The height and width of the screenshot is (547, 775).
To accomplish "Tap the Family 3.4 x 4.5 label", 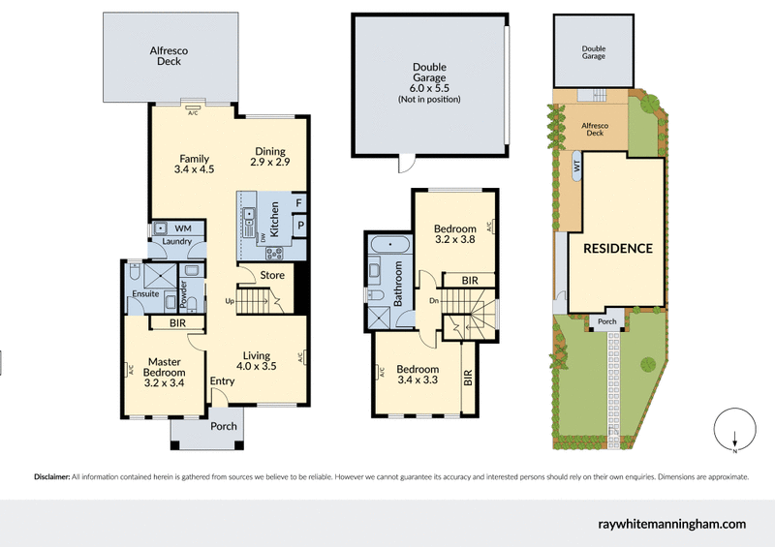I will (194, 164).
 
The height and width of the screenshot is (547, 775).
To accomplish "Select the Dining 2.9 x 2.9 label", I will (270, 156).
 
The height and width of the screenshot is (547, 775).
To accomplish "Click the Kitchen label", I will (275, 221).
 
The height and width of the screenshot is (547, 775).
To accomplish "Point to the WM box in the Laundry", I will (183, 228).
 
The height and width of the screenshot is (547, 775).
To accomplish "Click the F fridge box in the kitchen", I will (299, 203).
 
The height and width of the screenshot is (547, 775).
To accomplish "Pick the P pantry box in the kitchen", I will (299, 226).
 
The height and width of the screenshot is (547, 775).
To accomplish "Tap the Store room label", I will (271, 275).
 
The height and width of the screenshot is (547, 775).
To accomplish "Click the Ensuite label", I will (144, 294).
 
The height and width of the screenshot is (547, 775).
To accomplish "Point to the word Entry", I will (223, 381).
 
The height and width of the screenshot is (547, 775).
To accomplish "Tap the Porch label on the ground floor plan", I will (223, 427).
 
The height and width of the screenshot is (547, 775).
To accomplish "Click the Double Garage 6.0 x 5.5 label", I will (429, 82).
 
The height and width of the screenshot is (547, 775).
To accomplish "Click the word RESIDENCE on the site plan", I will (617, 248).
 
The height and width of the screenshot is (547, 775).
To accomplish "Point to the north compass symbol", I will (734, 433).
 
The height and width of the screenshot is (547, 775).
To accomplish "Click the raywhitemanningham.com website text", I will (668, 524).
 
